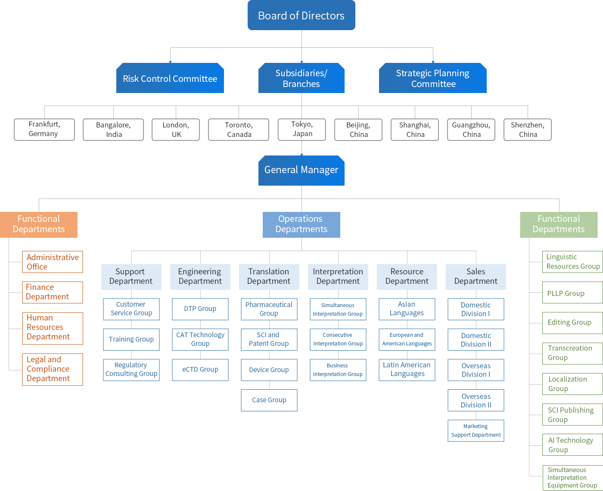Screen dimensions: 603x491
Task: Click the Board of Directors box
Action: (x=301, y=15)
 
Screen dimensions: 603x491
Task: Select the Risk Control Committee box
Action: (x=170, y=78)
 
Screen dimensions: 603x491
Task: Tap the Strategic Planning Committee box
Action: (x=432, y=78)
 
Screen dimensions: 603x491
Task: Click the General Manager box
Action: (x=301, y=171)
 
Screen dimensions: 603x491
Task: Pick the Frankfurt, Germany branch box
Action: (x=44, y=129)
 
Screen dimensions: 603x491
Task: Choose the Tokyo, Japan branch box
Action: (x=302, y=129)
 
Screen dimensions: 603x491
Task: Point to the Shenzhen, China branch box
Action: (x=528, y=129)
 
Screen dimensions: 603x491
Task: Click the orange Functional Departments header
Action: (x=39, y=225)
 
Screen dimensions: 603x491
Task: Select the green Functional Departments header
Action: (x=559, y=225)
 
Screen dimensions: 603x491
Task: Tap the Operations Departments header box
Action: (x=301, y=225)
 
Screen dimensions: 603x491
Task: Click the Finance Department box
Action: (x=53, y=292)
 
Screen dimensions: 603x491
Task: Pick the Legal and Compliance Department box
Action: (x=53, y=369)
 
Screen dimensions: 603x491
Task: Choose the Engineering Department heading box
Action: (x=200, y=277)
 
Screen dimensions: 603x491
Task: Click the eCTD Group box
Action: (x=200, y=370)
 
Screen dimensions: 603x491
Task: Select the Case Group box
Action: (x=269, y=400)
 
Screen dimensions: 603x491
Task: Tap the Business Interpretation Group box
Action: (x=338, y=370)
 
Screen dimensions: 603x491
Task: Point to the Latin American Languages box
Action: (x=407, y=370)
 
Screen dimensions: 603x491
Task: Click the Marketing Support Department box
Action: (x=476, y=430)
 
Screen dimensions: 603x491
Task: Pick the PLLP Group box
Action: (x=572, y=292)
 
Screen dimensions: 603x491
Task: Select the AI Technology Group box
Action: (x=572, y=444)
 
